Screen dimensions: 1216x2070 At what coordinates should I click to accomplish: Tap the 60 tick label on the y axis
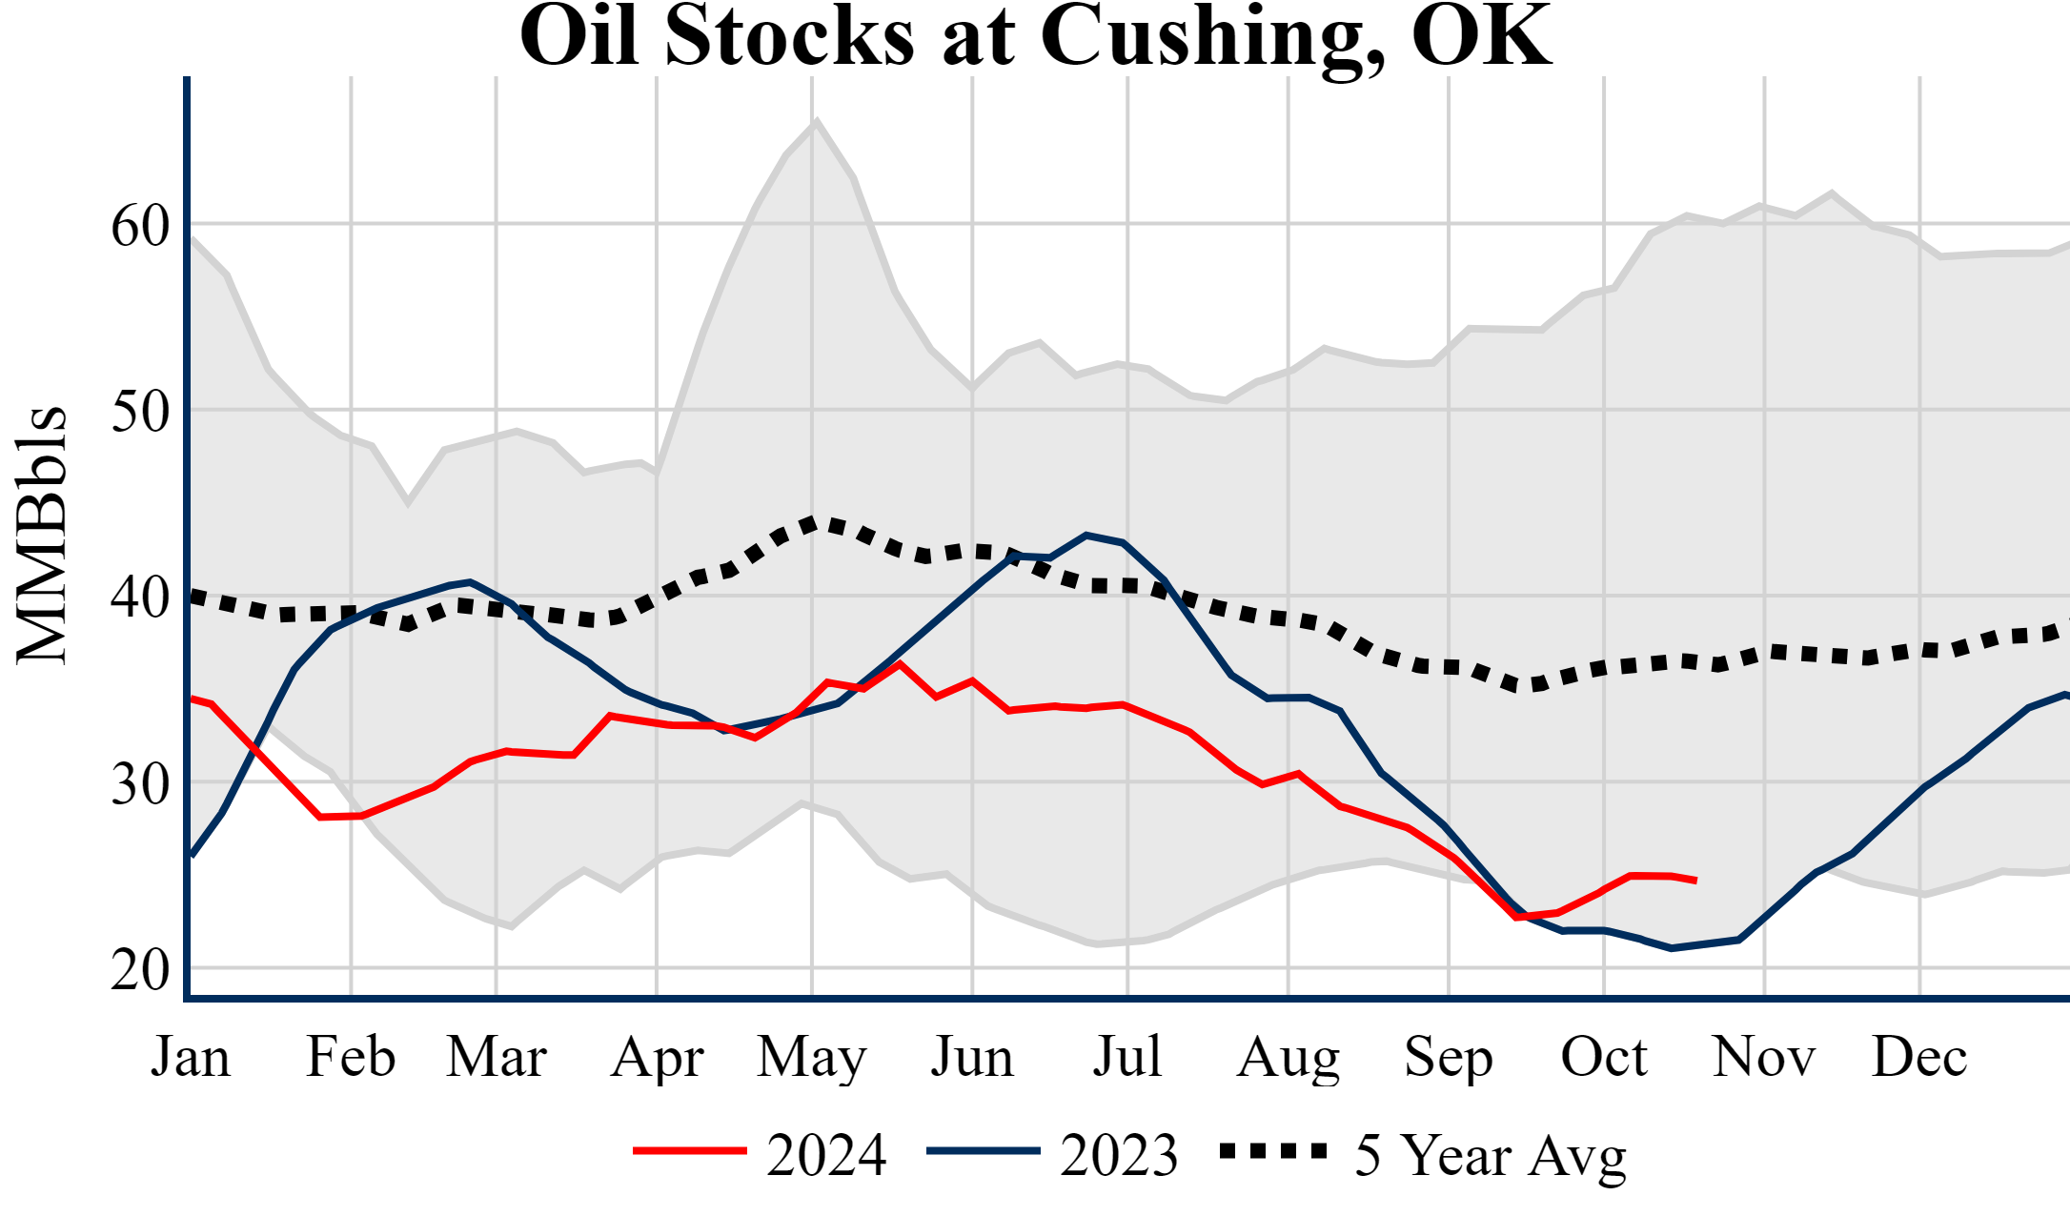pyautogui.click(x=140, y=227)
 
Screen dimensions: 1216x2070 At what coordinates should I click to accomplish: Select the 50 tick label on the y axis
pyautogui.click(x=140, y=413)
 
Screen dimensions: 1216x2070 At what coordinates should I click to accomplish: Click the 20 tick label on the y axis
pyautogui.click(x=140, y=971)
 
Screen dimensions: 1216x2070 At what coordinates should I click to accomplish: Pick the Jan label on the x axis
pyautogui.click(x=191, y=1057)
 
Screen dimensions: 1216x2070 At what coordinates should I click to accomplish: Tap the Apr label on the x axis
pyautogui.click(x=657, y=1057)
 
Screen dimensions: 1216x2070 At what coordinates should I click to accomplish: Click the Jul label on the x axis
pyautogui.click(x=1127, y=1057)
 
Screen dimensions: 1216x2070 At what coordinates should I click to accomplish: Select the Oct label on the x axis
pyautogui.click(x=1604, y=1057)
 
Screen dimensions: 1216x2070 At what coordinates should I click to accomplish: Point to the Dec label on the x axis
pyautogui.click(x=1918, y=1057)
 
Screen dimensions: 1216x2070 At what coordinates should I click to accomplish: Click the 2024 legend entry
pyautogui.click(x=825, y=1155)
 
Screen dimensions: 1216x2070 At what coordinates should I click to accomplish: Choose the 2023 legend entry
pyautogui.click(x=1118, y=1155)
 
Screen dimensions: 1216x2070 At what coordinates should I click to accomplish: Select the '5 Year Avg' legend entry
pyautogui.click(x=1490, y=1155)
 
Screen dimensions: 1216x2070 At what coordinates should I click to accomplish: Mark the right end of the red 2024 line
pyautogui.click(x=1695, y=881)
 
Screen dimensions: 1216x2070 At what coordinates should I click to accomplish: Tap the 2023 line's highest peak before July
pyautogui.click(x=1087, y=536)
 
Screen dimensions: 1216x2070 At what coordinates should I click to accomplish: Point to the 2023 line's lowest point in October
pyautogui.click(x=1671, y=948)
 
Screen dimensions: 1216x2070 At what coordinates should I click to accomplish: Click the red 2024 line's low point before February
pyautogui.click(x=321, y=817)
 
